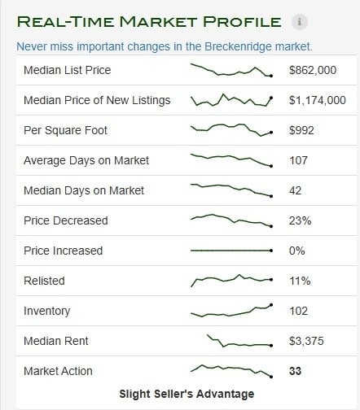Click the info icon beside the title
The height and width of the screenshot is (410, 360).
click(x=300, y=21)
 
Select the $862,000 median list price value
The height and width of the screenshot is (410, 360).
click(x=313, y=70)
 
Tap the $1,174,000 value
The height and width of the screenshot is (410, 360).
click(x=318, y=100)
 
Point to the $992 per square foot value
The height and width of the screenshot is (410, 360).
click(x=301, y=130)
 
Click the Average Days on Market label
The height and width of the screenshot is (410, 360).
click(x=86, y=160)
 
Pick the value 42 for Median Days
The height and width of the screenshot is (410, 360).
click(x=295, y=190)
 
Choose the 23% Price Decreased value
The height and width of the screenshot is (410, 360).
click(x=300, y=220)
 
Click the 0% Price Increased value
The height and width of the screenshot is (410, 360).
click(x=296, y=251)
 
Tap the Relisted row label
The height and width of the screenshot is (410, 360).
click(x=44, y=281)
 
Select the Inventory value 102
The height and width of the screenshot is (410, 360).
click(x=298, y=311)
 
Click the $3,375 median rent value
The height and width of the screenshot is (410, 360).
click(x=306, y=341)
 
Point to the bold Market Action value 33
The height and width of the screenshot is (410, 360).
click(x=295, y=371)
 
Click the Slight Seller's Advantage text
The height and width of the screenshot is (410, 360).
click(x=187, y=394)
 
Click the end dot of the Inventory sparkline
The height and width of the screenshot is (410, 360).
click(x=271, y=305)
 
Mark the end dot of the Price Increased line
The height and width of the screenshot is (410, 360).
click(x=271, y=251)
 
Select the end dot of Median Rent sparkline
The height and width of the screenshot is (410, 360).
click(x=271, y=346)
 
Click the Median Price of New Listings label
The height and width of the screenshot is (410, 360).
click(x=97, y=100)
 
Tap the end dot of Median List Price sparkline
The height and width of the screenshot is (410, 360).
click(x=271, y=76)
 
